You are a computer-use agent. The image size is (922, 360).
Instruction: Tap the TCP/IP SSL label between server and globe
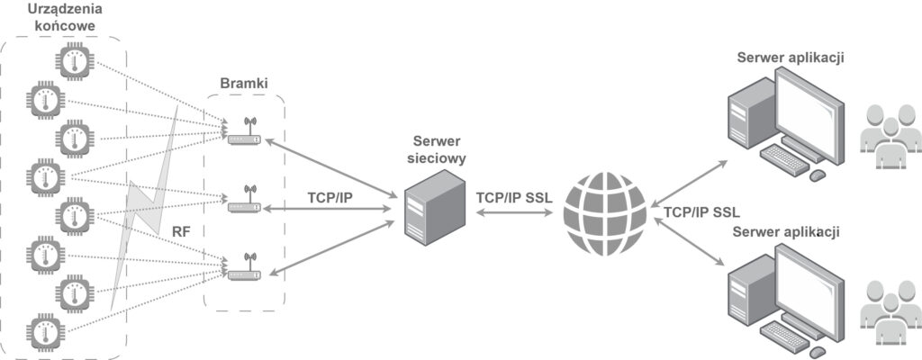point(512,197)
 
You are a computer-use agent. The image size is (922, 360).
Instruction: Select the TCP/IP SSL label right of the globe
point(701,214)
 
